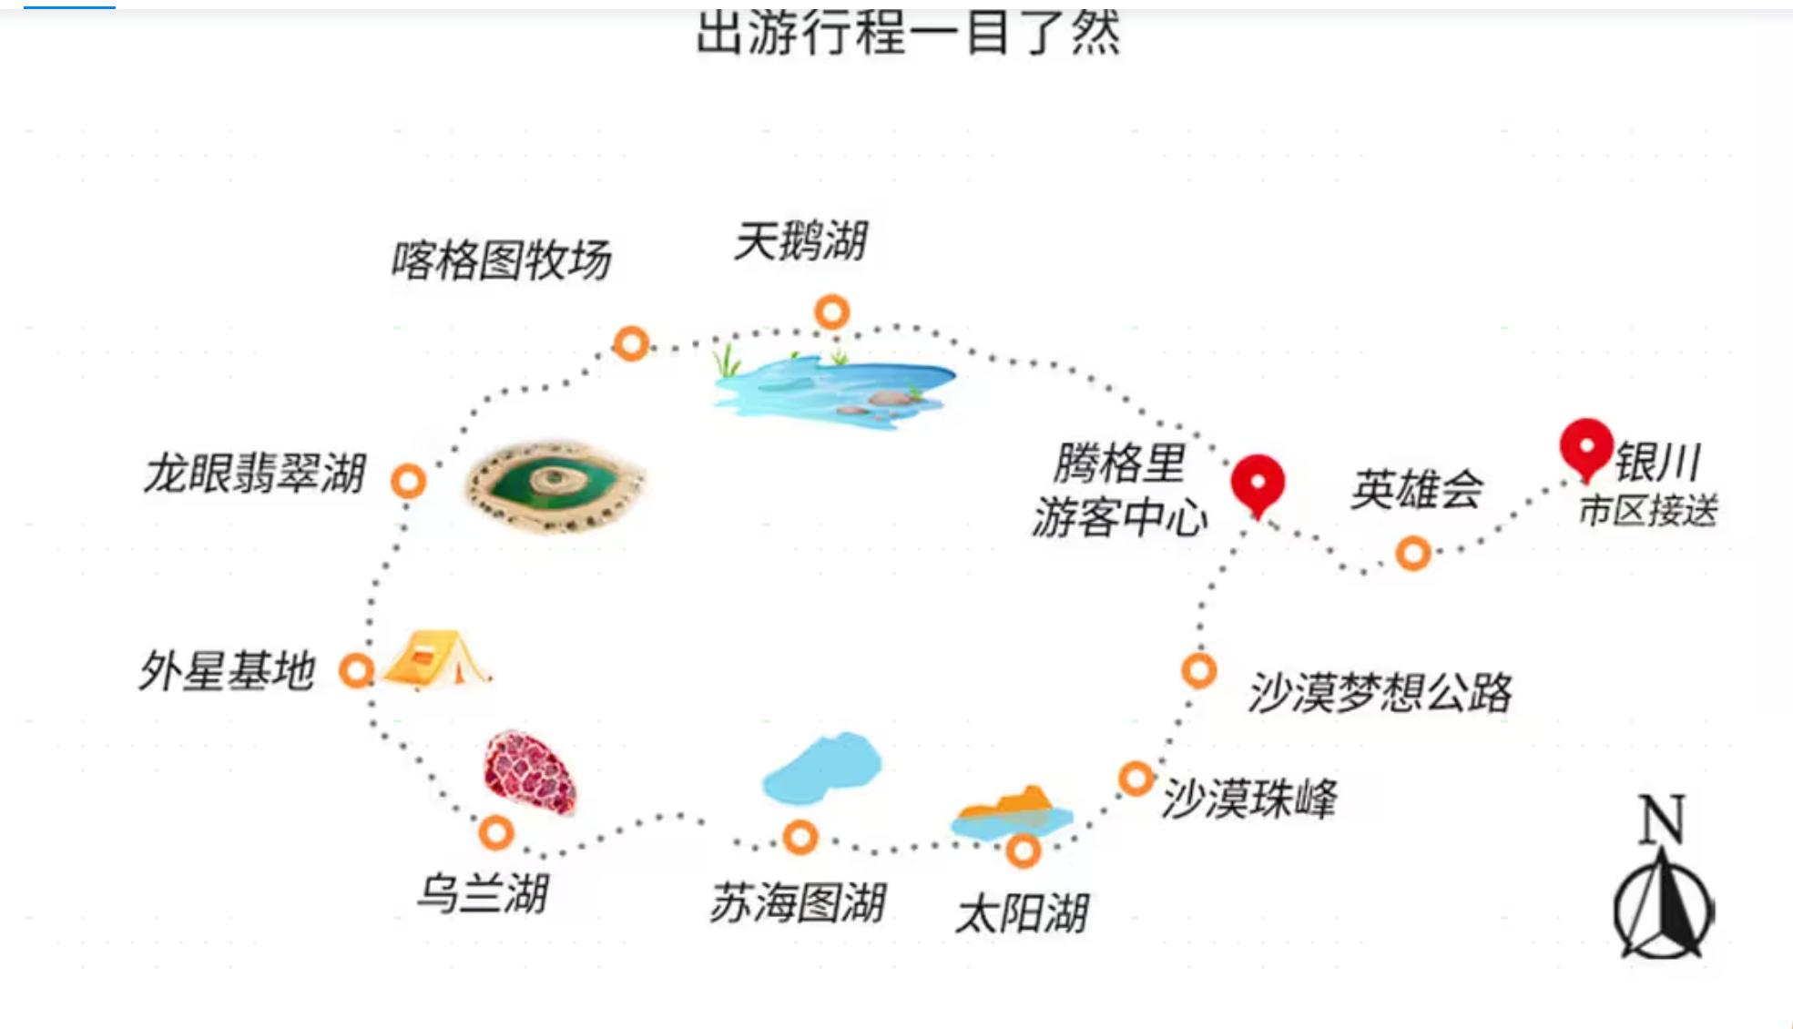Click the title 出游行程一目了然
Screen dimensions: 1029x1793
(908, 33)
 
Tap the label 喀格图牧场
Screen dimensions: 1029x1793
(501, 260)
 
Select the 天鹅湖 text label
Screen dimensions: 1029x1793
(800, 241)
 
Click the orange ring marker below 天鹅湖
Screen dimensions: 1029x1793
(831, 312)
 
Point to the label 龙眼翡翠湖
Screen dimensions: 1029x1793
(254, 474)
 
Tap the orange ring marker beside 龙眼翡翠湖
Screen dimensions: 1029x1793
(408, 481)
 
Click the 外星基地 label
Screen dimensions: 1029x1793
(227, 671)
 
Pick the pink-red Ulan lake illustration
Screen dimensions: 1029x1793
(530, 771)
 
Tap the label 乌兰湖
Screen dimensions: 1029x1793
(482, 892)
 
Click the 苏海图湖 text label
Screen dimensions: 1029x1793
(797, 903)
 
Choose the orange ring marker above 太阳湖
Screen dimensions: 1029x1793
(1023, 851)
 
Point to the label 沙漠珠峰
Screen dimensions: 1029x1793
(1248, 799)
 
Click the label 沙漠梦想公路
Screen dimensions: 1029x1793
(1379, 692)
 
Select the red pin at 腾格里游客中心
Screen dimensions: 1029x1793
(1258, 483)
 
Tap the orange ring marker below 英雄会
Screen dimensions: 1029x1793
(1412, 553)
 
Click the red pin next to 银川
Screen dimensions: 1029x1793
(1586, 447)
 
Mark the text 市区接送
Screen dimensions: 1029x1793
(1647, 511)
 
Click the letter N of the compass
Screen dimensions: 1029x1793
(1662, 819)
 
